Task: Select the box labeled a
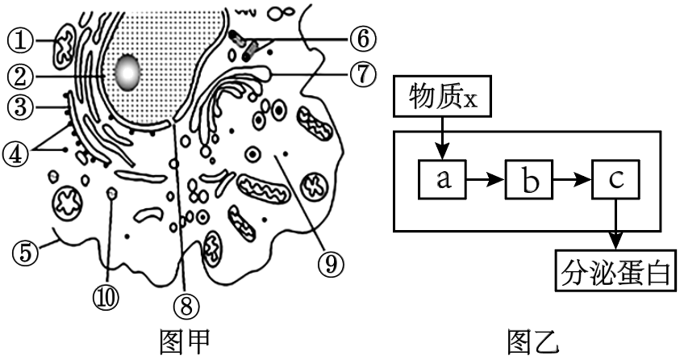click(x=442, y=179)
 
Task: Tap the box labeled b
click(x=528, y=181)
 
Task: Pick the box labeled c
click(x=615, y=179)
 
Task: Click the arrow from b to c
click(x=572, y=180)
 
